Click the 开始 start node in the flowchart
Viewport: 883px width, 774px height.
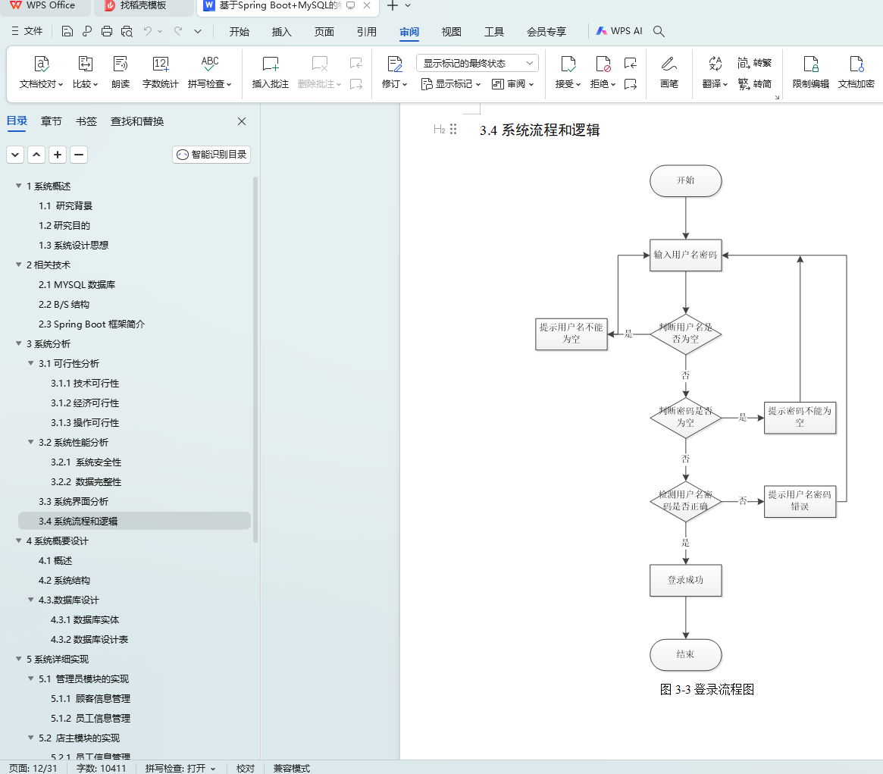click(x=685, y=180)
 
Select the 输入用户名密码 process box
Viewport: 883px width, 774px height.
click(x=685, y=255)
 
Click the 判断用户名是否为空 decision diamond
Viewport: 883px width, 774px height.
click(x=685, y=334)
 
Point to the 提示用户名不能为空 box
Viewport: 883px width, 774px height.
click(x=571, y=334)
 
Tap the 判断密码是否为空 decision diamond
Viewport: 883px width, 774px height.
click(x=685, y=417)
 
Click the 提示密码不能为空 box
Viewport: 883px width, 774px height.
click(x=800, y=417)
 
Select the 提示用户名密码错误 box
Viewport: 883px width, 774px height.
click(x=800, y=500)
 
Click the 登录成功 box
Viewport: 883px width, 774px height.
click(x=685, y=580)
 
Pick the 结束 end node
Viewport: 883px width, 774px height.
click(x=685, y=654)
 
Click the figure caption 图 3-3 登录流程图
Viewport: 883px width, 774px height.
click(x=706, y=690)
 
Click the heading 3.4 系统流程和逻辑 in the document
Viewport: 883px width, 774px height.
click(x=540, y=130)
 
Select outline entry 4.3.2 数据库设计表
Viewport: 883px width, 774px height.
click(x=89, y=640)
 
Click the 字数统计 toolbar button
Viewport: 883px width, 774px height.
click(x=161, y=72)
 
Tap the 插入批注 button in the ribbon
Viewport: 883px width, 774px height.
click(x=271, y=72)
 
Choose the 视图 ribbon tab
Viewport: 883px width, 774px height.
click(x=451, y=32)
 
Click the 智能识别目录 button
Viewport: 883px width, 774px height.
click(x=211, y=155)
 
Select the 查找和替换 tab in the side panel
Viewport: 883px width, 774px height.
click(x=137, y=121)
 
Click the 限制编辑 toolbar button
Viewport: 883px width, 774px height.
click(x=810, y=72)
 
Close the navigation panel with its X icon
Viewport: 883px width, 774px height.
click(x=242, y=121)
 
